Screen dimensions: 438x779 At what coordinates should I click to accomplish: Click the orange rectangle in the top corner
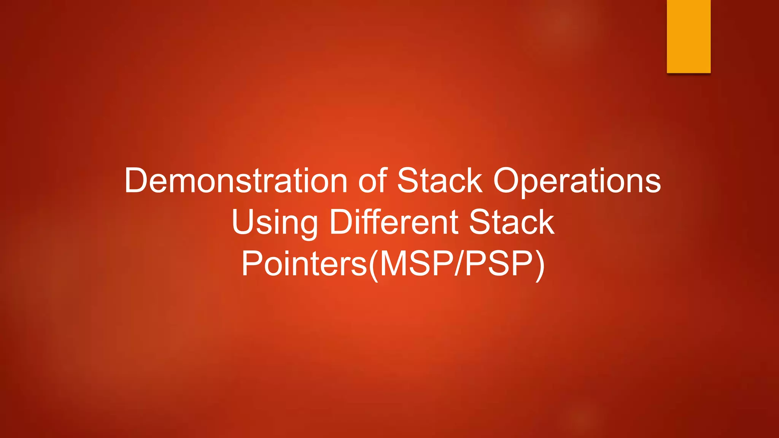point(688,36)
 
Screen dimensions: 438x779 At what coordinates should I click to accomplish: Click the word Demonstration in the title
point(236,181)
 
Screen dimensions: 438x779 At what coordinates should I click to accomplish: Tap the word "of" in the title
point(372,181)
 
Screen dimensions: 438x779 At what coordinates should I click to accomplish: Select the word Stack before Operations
point(440,181)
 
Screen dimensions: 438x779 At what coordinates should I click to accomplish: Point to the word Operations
point(577,181)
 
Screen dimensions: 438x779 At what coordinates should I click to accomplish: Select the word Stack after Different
point(512,222)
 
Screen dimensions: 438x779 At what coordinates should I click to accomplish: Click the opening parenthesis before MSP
point(374,265)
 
